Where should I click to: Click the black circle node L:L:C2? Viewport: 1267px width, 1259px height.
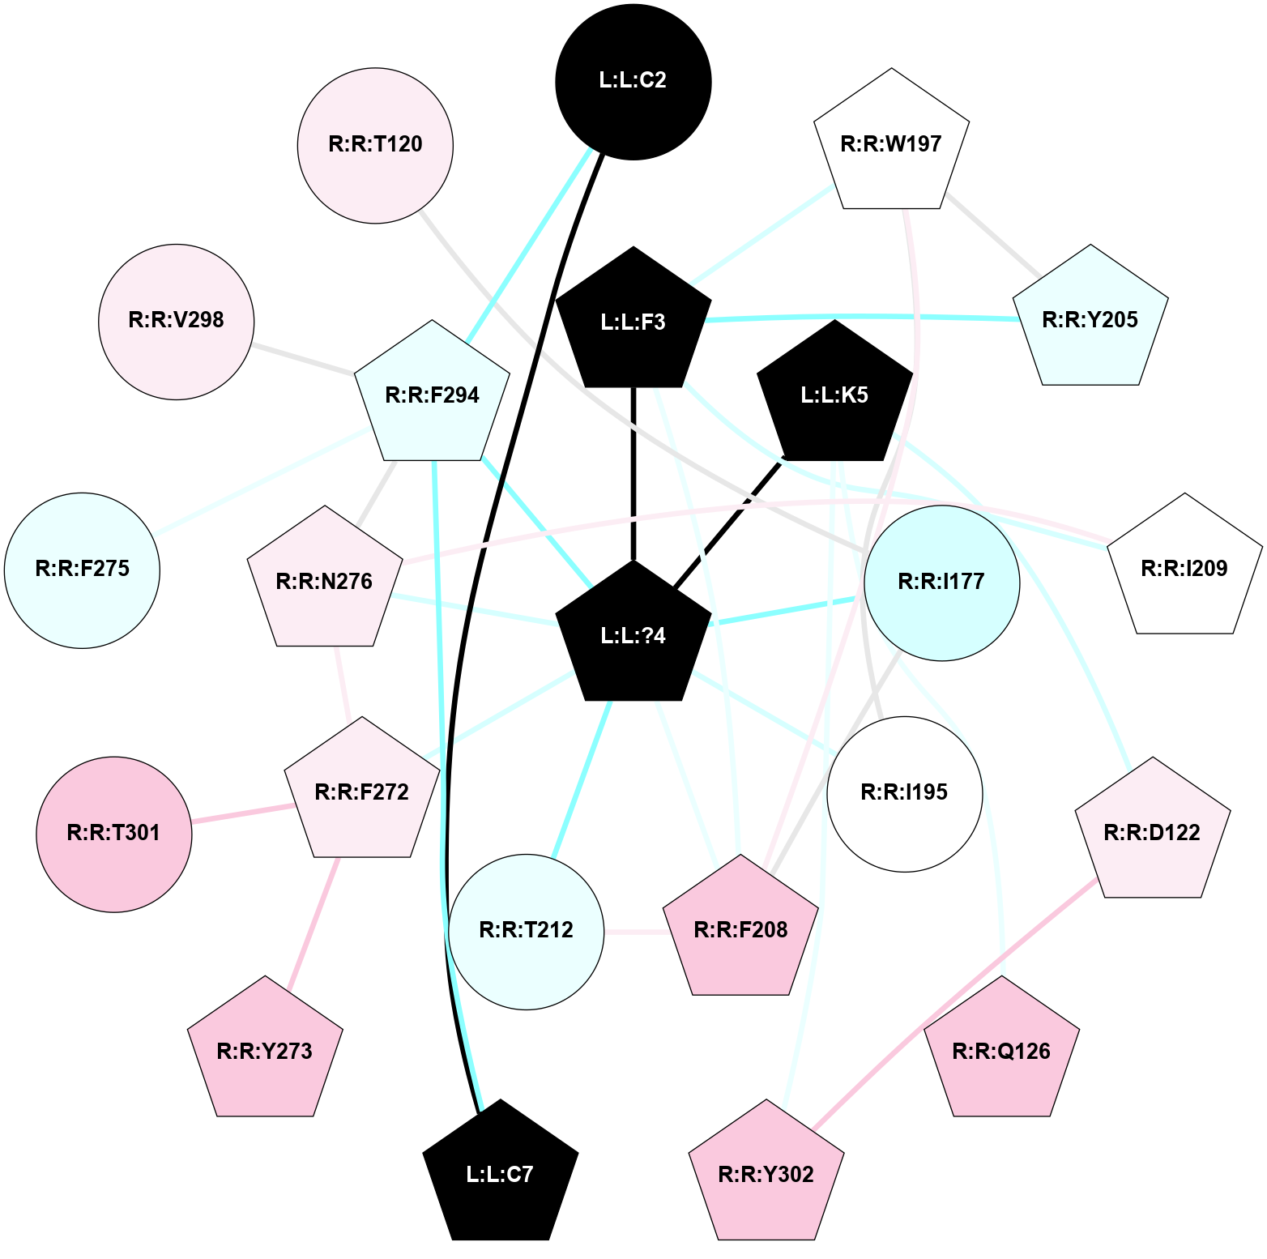coord(633,82)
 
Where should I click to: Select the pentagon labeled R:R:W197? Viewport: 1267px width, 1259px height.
coord(891,143)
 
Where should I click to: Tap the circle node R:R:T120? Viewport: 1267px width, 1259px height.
coord(375,145)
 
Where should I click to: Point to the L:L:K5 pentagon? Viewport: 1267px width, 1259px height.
coord(834,395)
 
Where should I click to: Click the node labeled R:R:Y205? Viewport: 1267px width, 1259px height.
coord(1090,319)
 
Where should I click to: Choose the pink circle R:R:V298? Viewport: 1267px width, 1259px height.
coord(176,321)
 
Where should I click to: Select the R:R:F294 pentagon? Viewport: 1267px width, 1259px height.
coord(433,395)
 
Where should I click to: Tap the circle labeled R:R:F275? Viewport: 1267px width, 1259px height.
coord(82,570)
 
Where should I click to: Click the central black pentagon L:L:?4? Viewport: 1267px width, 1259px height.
coord(633,635)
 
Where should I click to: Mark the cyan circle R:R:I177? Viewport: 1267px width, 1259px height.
coord(941,583)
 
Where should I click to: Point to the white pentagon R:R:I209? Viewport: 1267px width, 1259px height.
coord(1184,569)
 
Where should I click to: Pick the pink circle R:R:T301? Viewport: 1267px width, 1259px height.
coord(113,834)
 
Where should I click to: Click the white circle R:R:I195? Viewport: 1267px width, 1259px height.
coord(904,793)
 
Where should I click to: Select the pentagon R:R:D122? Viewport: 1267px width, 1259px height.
coord(1152,833)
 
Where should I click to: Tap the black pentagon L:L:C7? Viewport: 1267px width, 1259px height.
coord(501,1174)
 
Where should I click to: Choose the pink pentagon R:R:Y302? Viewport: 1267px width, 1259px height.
coord(766,1175)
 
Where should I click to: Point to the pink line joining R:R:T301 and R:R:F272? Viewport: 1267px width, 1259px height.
coord(242,814)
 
